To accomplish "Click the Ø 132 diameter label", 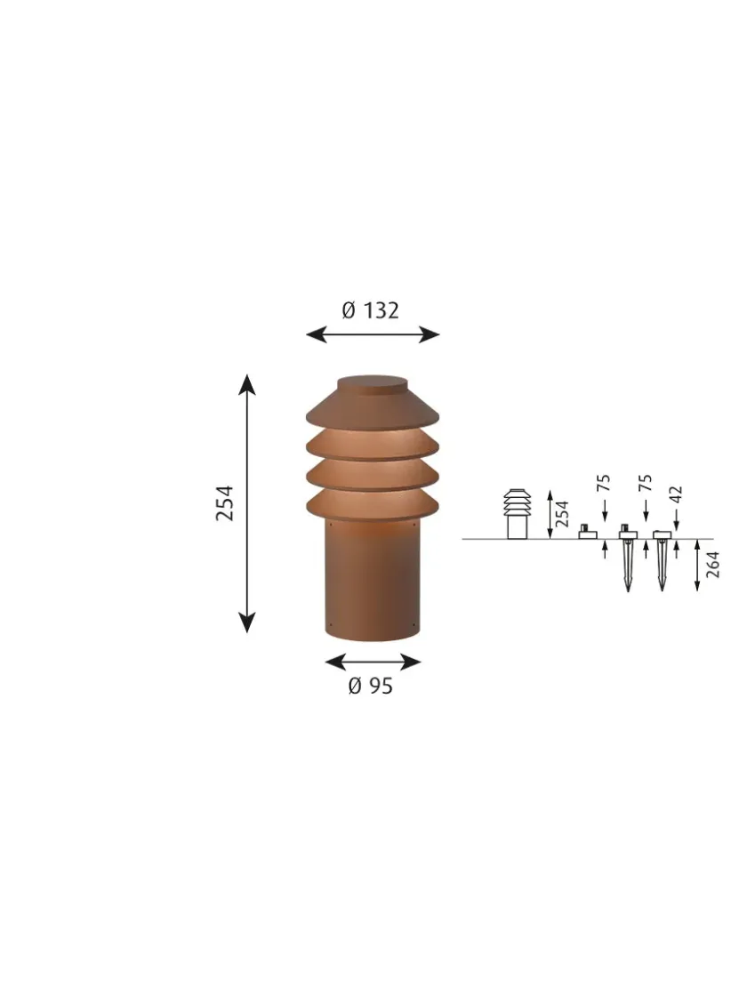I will point(371,310).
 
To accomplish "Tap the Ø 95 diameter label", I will point(370,686).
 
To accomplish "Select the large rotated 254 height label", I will point(225,503).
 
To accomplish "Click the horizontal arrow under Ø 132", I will point(373,334).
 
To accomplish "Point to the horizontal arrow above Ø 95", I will point(373,662).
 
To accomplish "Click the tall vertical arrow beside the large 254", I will point(247,503).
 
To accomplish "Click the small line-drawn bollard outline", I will point(517,514).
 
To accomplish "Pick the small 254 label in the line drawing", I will point(562,513).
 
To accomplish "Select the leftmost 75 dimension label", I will point(604,484).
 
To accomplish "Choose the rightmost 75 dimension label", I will point(646,484).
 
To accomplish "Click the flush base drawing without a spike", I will point(586,532).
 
